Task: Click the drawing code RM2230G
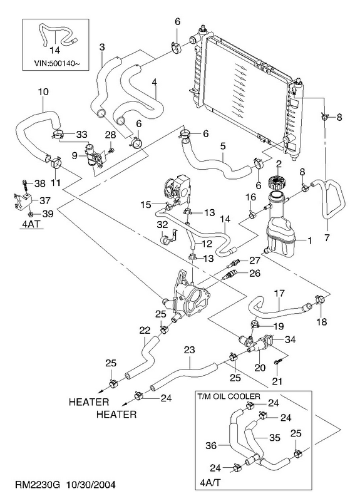point(38,485)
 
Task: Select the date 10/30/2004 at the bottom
point(91,485)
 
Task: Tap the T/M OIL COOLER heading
point(229,396)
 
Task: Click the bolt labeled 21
point(277,361)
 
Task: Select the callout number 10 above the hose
point(43,91)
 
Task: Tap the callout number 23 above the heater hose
point(190,350)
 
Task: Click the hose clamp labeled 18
point(320,299)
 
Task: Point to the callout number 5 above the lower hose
point(223,146)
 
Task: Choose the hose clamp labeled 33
point(58,133)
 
